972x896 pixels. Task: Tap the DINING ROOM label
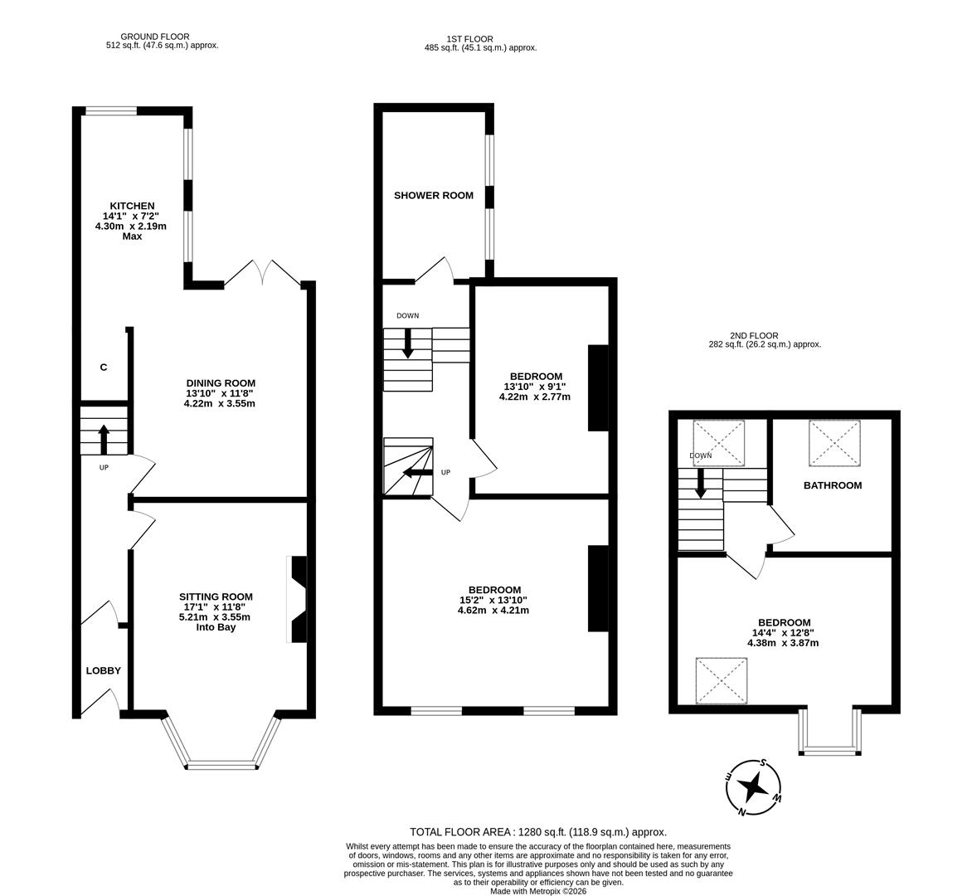click(x=220, y=383)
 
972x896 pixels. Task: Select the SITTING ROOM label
click(x=216, y=597)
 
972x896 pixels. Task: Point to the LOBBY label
click(x=104, y=670)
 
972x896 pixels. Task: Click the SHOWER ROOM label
click(x=434, y=196)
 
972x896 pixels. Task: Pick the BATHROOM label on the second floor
click(x=832, y=485)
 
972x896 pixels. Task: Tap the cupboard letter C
click(x=104, y=368)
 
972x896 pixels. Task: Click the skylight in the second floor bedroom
click(x=722, y=680)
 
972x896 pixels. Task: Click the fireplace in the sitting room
click(x=297, y=599)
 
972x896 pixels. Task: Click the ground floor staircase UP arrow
click(x=104, y=439)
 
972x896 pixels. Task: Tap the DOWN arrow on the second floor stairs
click(x=701, y=483)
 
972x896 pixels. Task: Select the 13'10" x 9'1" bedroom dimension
click(x=534, y=387)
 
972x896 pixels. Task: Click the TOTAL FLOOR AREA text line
click(x=537, y=831)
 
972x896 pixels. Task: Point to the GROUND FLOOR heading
click(x=155, y=37)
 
